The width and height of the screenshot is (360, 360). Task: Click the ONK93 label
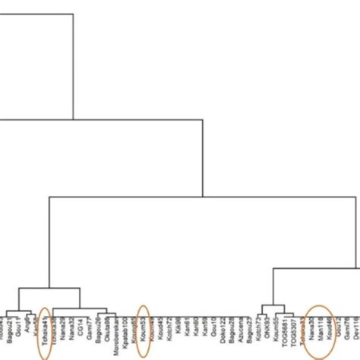click(x=268, y=327)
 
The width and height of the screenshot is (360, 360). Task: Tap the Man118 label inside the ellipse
click(x=321, y=328)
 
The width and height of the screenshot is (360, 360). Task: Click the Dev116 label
click(x=356, y=328)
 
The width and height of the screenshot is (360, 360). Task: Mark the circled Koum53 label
click(x=142, y=328)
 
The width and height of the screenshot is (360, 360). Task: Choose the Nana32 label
click(x=71, y=328)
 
